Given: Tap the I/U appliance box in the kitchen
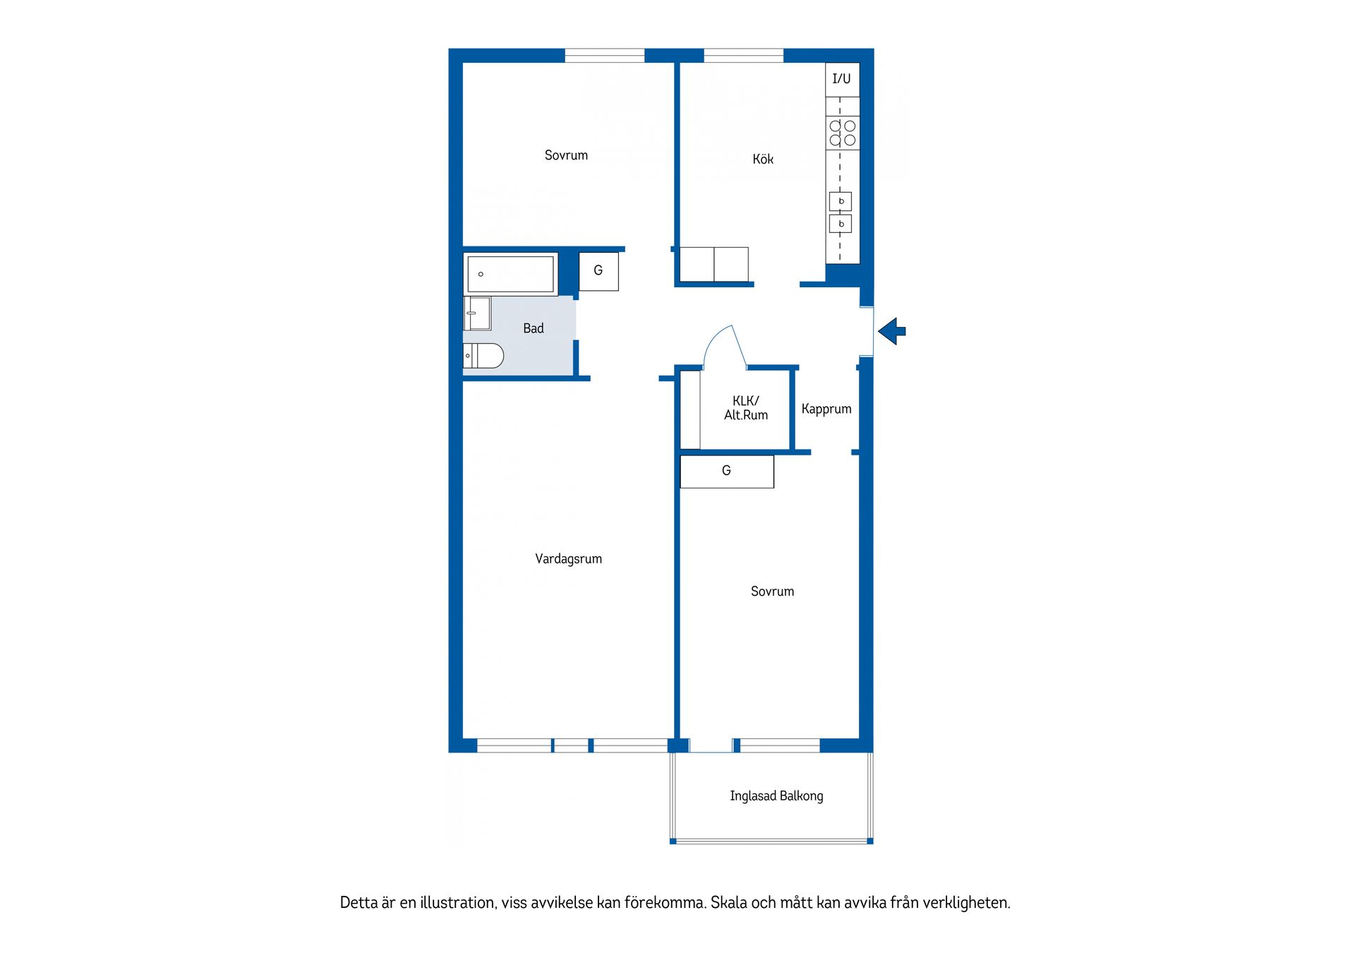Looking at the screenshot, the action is pyautogui.click(x=843, y=80).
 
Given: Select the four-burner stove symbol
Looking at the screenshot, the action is pyautogui.click(x=843, y=133).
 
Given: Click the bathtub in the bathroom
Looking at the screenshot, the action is pyautogui.click(x=510, y=274).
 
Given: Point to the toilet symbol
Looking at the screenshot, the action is pyautogui.click(x=483, y=356).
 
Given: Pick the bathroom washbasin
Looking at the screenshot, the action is pyautogui.click(x=477, y=313).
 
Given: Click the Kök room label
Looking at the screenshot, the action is pyautogui.click(x=763, y=160).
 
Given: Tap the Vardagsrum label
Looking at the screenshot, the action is pyautogui.click(x=569, y=559).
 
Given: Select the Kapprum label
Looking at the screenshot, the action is pyautogui.click(x=826, y=409).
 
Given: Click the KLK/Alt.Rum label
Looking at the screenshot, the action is pyautogui.click(x=746, y=408).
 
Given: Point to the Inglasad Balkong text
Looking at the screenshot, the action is pyautogui.click(x=776, y=796).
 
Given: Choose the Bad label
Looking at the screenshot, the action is pyautogui.click(x=534, y=328).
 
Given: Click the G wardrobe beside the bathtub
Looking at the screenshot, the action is pyautogui.click(x=598, y=271).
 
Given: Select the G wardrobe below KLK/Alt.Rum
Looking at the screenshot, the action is pyautogui.click(x=727, y=471).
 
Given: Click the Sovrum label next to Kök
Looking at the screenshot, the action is pyautogui.click(x=566, y=155).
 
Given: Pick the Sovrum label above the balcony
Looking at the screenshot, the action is pyautogui.click(x=772, y=592).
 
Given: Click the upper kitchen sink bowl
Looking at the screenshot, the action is pyautogui.click(x=841, y=201).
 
